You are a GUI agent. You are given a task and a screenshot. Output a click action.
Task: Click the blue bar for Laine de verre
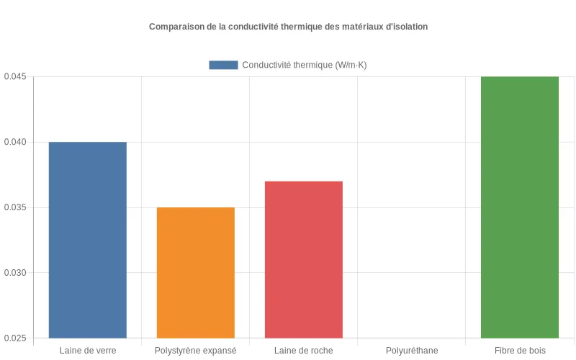coord(87,240)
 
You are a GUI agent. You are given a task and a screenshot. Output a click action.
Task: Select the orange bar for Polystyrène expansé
coord(195,272)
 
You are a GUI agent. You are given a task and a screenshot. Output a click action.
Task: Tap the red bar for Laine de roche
coord(303,259)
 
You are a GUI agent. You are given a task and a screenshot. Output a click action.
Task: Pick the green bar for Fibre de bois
coord(519,207)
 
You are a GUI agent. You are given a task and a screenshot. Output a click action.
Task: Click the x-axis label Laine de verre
coord(87,351)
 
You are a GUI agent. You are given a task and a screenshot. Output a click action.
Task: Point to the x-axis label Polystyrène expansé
coord(195,351)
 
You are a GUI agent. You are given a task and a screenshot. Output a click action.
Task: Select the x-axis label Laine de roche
coord(303,351)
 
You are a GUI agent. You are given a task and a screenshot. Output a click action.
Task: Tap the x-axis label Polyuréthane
coord(411,351)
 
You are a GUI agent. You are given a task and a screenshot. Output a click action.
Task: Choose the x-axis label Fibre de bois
coord(519,351)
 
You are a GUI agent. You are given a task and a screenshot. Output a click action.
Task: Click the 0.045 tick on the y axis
coord(15,76)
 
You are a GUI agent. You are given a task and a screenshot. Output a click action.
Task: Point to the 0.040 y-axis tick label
coord(15,142)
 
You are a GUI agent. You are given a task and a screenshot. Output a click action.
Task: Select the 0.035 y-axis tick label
coord(15,207)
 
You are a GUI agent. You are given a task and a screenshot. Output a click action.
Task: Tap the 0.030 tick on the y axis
coord(15,273)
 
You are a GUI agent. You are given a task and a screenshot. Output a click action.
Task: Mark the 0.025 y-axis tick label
coord(15,338)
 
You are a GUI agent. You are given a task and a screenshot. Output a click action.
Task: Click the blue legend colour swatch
coord(223,65)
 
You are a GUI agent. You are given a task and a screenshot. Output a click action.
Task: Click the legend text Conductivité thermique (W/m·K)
coord(305,65)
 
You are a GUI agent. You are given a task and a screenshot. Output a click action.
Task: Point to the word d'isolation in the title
coord(407,27)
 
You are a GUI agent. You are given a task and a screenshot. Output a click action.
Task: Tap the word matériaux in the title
coord(361,27)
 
